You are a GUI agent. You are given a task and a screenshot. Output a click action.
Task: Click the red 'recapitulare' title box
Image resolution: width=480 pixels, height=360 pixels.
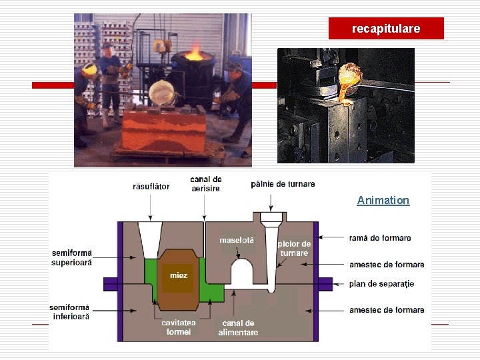pyautogui.click(x=386, y=29)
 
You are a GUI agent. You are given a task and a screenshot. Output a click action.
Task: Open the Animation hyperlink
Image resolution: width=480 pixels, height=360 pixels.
pyautogui.click(x=383, y=200)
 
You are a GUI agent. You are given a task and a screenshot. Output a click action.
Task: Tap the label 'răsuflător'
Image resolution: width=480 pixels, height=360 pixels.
pyautogui.click(x=151, y=187)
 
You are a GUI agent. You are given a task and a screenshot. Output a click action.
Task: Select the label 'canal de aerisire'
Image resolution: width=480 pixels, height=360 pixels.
pyautogui.click(x=206, y=184)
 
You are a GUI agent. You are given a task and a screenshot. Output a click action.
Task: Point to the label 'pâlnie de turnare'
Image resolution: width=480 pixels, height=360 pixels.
pyautogui.click(x=283, y=183)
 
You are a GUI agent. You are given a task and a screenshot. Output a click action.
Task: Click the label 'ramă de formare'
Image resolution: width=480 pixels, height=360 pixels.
pyautogui.click(x=380, y=238)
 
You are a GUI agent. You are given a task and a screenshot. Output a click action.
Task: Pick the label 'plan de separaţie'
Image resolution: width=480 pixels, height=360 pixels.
pyautogui.click(x=381, y=284)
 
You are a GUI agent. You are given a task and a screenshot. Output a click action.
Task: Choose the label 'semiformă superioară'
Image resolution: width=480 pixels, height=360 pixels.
pyautogui.click(x=72, y=257)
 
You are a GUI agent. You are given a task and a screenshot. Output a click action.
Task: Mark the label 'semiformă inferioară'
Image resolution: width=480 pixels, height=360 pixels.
pyautogui.click(x=69, y=312)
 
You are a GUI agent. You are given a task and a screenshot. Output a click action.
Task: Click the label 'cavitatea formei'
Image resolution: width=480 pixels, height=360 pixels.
pyautogui.click(x=179, y=327)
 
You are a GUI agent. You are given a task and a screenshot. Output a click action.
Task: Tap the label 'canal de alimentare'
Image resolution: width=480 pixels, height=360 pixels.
pyautogui.click(x=238, y=327)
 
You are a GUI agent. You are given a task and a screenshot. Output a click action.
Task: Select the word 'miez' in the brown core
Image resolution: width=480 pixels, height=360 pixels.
pyautogui.click(x=178, y=275)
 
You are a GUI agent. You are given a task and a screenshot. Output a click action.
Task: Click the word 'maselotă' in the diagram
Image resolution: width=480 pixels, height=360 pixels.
pyautogui.click(x=237, y=240)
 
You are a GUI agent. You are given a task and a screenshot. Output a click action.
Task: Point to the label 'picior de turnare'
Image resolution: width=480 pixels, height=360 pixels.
pyautogui.click(x=294, y=248)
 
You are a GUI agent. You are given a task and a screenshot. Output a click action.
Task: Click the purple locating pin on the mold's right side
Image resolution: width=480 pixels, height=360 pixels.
pyautogui.click(x=325, y=284)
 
